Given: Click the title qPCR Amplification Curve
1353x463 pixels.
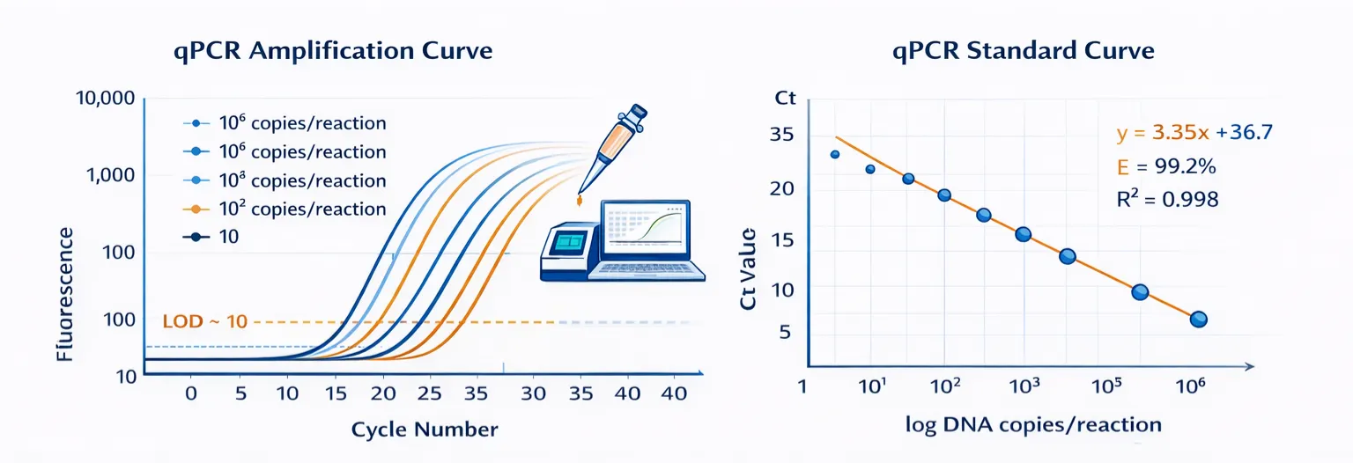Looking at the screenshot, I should coord(334,51).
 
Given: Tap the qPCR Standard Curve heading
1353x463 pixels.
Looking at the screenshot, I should coord(1023,51).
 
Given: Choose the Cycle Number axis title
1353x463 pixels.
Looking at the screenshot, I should coord(425,430).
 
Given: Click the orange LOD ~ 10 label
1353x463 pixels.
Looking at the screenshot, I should coord(205,321).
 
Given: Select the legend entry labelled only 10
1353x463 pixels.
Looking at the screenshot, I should coord(227,237).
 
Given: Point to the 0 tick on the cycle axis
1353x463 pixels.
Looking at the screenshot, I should coord(190,393).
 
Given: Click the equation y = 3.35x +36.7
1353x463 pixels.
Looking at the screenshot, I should coord(1194,133).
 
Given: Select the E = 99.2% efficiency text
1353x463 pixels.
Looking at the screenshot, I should coord(1166,166).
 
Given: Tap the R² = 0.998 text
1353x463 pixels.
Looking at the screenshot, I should coord(1166,200).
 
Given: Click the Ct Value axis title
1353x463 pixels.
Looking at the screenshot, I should coord(749,268).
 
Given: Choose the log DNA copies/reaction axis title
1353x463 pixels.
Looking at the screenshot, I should coord(1033,424).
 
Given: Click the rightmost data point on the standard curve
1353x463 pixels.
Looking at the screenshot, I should coord(1198,320).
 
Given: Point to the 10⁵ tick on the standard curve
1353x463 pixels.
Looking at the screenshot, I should coord(1106,385).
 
